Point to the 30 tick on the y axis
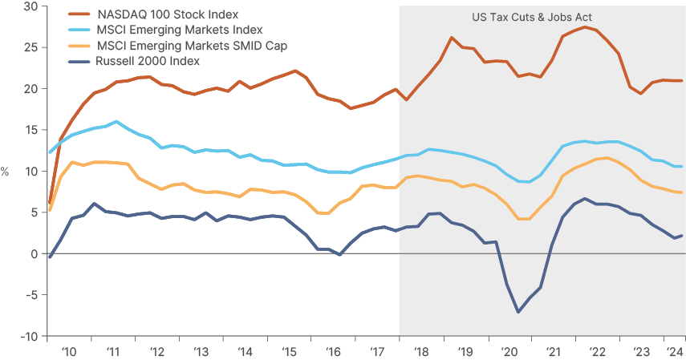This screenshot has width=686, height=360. [30, 6]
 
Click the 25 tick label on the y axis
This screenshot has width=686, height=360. [30, 47]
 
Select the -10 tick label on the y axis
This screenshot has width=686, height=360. [28, 336]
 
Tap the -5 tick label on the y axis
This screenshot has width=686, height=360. [30, 295]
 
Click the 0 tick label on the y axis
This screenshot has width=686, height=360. [34, 253]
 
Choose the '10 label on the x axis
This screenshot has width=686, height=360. [69, 352]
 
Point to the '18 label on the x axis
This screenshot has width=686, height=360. [420, 352]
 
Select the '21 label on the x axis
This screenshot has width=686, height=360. [552, 352]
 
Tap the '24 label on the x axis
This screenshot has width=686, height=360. [674, 352]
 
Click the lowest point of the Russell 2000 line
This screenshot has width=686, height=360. [518, 312]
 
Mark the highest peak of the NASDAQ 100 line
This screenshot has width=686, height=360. [585, 27]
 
